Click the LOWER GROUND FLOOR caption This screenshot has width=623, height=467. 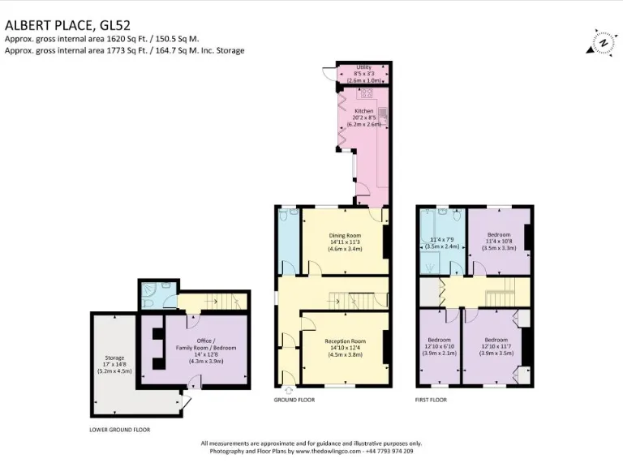(120, 429)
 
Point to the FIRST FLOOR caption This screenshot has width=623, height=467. (432, 401)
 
